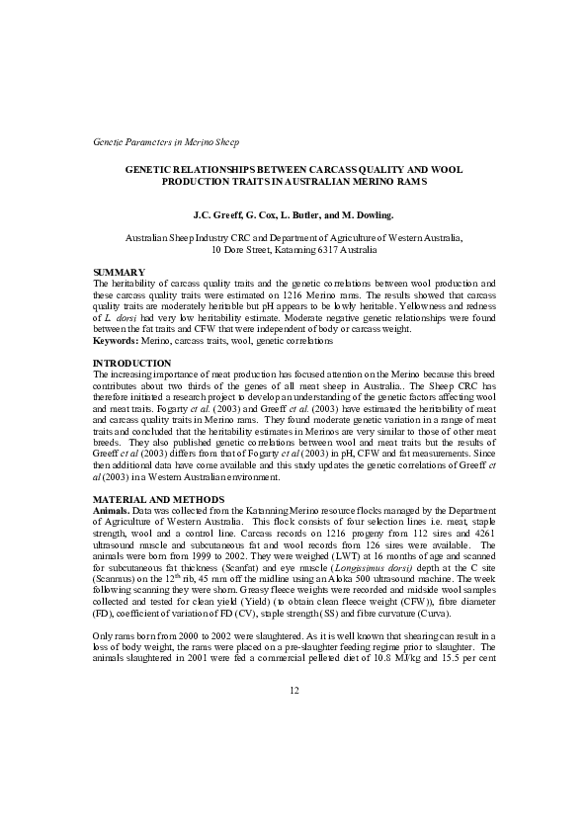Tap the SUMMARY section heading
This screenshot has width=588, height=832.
click(x=119, y=272)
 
